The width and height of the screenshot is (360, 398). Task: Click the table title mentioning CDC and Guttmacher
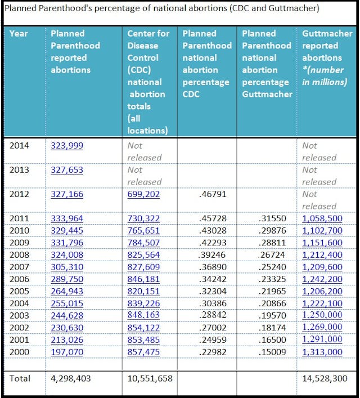tap(162, 8)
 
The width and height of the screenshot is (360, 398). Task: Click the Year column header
tap(20, 33)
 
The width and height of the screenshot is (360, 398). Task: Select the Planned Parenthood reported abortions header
tap(75, 51)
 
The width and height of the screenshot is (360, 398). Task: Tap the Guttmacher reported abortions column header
tap(324, 57)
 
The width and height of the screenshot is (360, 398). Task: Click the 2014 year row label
tap(20, 145)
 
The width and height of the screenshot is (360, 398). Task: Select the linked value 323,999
tap(67, 145)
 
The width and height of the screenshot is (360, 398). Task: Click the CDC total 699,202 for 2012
tap(143, 194)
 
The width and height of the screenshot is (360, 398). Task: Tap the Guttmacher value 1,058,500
tap(322, 218)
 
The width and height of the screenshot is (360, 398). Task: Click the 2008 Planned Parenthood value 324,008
tap(67, 255)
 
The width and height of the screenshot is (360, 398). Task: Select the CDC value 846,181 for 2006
tap(143, 279)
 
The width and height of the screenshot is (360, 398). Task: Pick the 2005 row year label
tap(20, 292)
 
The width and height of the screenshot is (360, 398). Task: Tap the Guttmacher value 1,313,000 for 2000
tap(322, 352)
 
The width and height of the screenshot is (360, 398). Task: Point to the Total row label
tap(20, 378)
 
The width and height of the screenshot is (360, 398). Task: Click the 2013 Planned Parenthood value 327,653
tap(67, 169)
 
